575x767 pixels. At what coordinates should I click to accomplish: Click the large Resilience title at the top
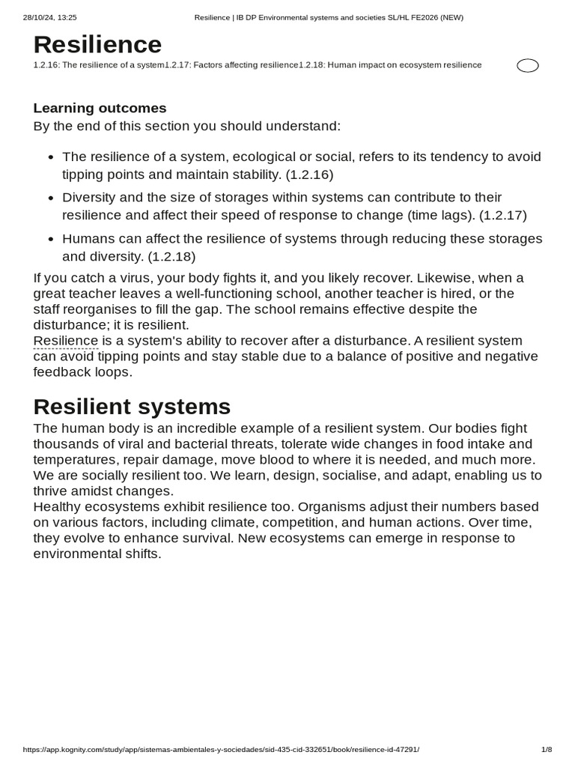(x=97, y=45)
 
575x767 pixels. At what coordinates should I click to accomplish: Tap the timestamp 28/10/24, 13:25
(x=50, y=17)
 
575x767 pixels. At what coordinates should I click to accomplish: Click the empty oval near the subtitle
(x=528, y=66)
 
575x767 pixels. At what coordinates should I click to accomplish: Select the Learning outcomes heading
(x=100, y=108)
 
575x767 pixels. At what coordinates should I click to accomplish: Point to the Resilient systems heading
(x=132, y=407)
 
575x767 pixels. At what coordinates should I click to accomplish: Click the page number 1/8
(x=546, y=749)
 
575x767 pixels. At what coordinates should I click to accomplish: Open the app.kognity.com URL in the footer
(x=221, y=749)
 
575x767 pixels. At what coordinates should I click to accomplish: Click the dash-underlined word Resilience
(x=65, y=341)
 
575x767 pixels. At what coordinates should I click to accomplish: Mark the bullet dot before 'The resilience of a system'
(x=50, y=158)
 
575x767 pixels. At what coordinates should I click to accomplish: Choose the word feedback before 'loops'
(x=62, y=372)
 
